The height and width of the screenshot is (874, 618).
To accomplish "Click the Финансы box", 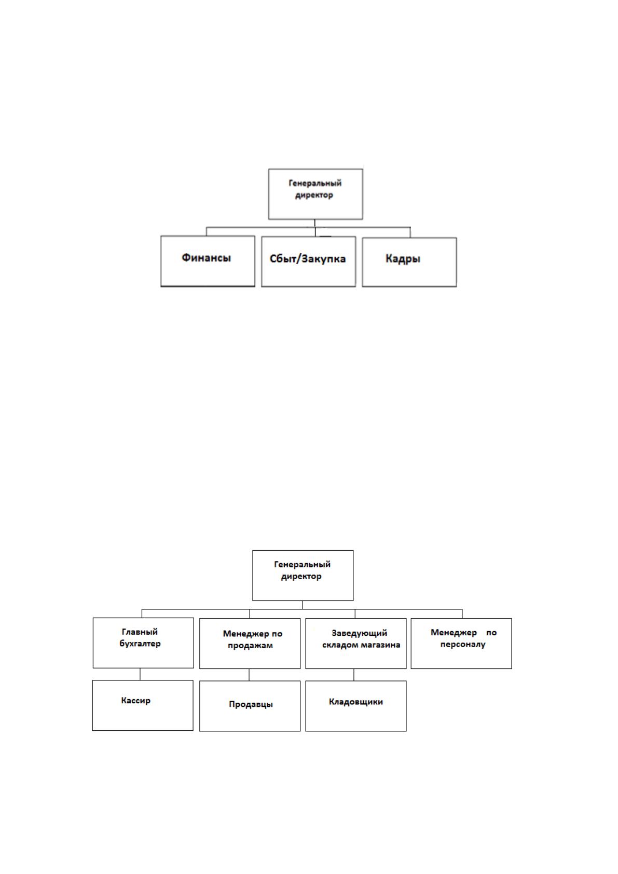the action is [208, 261].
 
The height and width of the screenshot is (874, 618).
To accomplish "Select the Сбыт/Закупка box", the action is [308, 262].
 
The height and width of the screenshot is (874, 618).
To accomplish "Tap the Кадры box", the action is [409, 262].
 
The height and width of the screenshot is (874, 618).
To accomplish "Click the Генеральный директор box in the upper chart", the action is [315, 194].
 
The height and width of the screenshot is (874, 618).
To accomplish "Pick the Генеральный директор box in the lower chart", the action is [303, 576].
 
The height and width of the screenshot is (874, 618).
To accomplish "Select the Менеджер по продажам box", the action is [250, 644].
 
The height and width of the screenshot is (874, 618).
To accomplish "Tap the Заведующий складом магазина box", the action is [356, 644].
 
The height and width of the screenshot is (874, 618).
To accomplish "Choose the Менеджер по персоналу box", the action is [461, 644].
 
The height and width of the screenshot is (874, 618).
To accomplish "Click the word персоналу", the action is [463, 644].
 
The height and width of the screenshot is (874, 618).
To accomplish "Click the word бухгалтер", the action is [140, 644].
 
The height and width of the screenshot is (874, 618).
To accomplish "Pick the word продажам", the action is [250, 645].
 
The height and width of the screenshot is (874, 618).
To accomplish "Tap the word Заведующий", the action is [359, 633].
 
